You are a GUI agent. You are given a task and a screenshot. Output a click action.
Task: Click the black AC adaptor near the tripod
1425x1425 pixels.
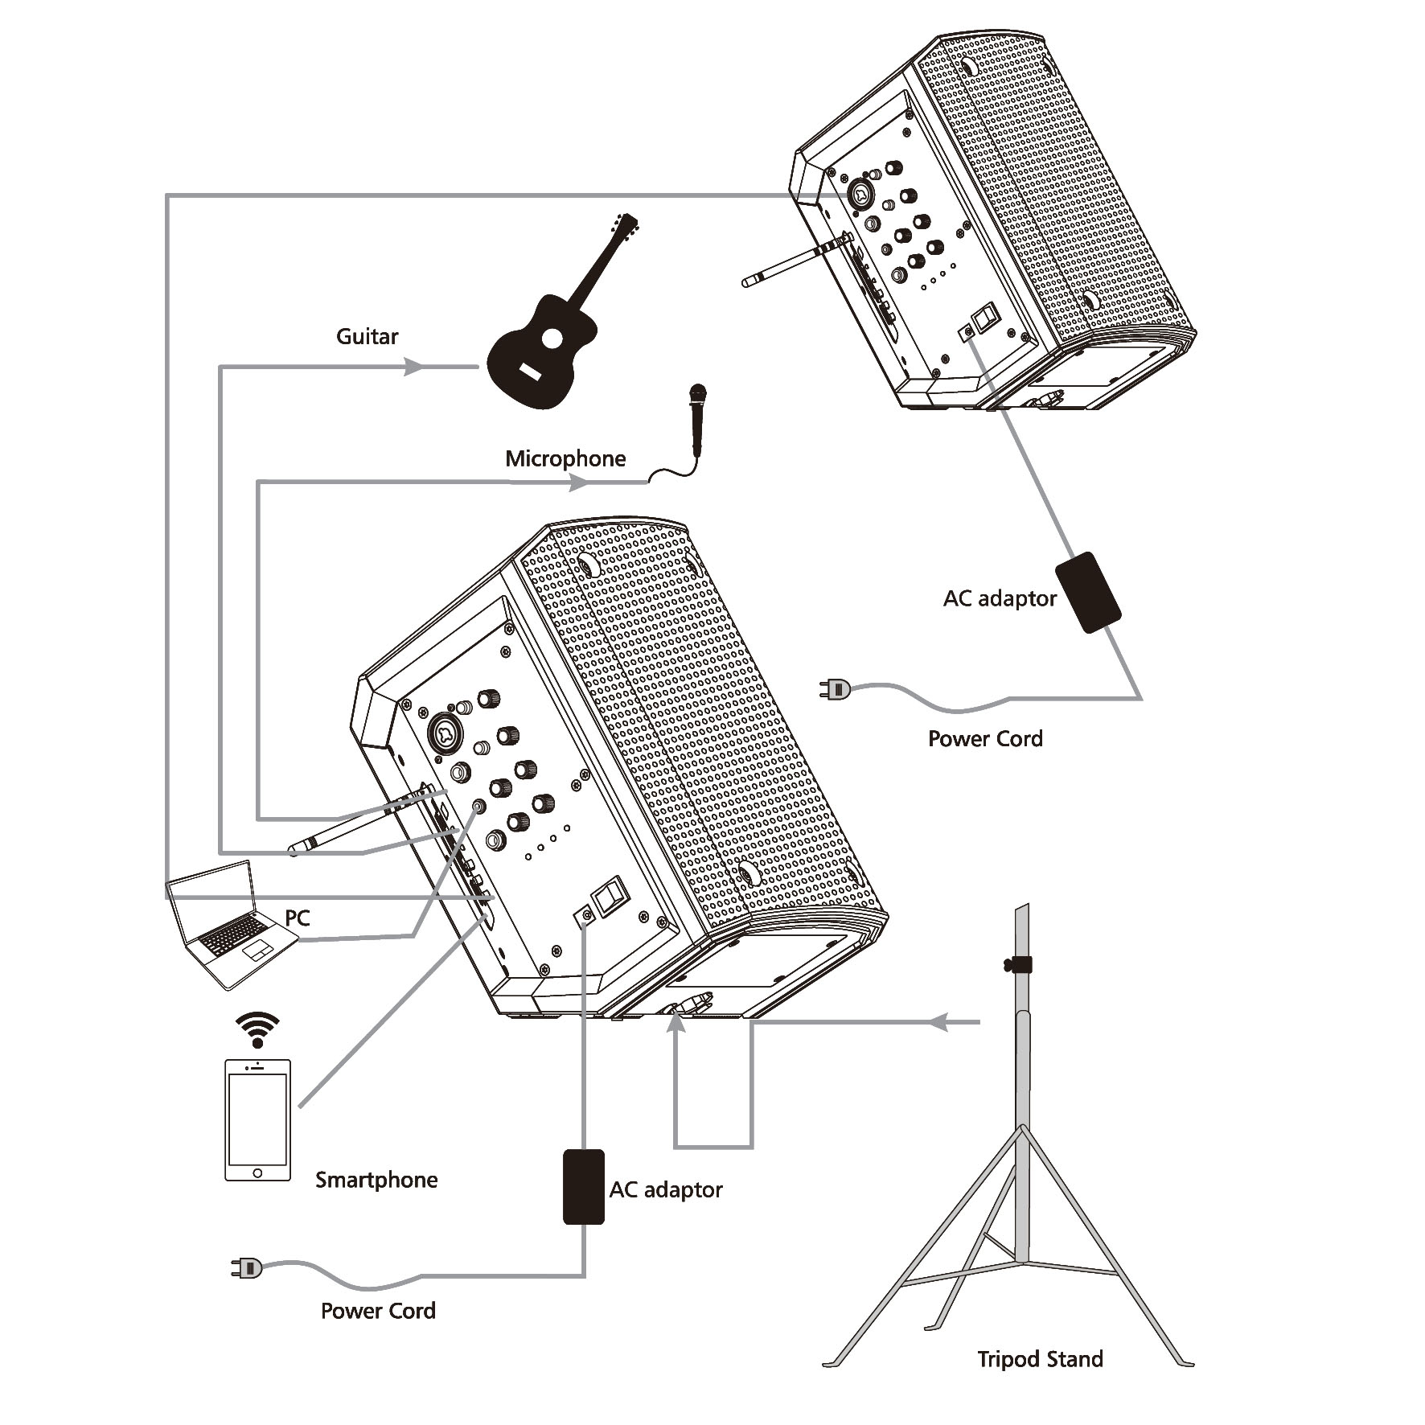584,1187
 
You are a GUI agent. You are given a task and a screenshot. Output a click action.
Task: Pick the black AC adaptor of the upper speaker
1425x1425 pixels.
1088,592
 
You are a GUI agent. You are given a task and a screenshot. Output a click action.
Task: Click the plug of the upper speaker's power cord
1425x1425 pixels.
835,688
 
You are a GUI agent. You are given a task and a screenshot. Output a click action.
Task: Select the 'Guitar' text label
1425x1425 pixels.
367,336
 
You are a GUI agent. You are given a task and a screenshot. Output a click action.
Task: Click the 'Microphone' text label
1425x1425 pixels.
565,458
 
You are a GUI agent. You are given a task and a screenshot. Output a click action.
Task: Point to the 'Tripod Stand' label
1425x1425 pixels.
1040,1359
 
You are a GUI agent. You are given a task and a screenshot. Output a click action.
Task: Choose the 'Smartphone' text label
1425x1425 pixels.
376,1180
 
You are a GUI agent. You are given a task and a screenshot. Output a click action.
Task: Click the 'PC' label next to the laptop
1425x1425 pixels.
298,918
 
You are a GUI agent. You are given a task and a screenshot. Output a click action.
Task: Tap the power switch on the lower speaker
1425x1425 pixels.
608,895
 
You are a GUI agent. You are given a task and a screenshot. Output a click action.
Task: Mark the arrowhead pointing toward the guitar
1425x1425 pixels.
413,367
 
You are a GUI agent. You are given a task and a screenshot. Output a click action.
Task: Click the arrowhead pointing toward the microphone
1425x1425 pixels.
579,483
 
